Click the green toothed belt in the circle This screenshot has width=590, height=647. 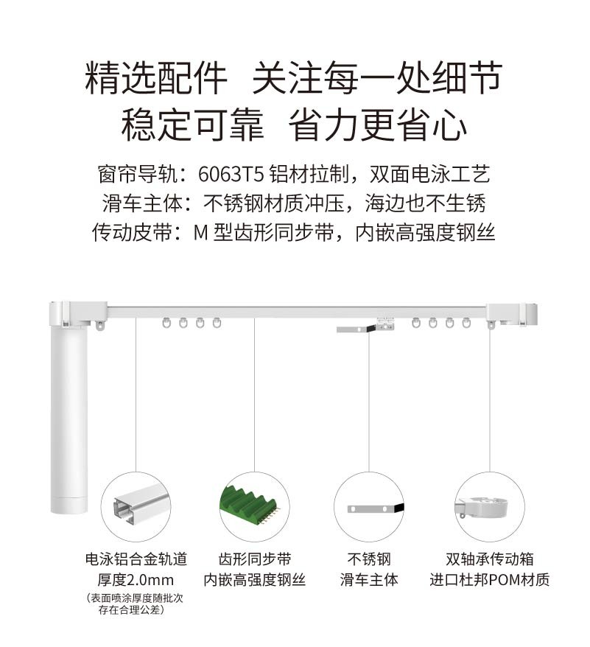pyautogui.click(x=250, y=505)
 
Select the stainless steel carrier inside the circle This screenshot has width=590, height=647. pyautogui.click(x=376, y=508)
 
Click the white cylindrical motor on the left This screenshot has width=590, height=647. pyautogui.click(x=69, y=417)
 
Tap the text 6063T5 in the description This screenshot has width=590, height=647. pyautogui.click(x=231, y=174)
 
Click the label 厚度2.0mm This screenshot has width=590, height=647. pyautogui.click(x=136, y=580)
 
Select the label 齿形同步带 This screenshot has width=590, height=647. pyautogui.click(x=255, y=559)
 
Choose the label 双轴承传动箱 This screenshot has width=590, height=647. pyautogui.click(x=489, y=559)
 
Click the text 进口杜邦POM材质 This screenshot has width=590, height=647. pyautogui.click(x=489, y=580)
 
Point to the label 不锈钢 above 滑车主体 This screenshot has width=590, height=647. pyautogui.click(x=369, y=559)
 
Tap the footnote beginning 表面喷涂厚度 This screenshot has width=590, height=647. pyautogui.click(x=135, y=604)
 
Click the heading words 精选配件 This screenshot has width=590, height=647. pyautogui.click(x=156, y=77)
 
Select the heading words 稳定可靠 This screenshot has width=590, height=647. pyautogui.click(x=192, y=125)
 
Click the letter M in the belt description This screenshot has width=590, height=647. pyautogui.click(x=200, y=233)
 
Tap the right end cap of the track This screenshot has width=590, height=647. pyautogui.click(x=512, y=315)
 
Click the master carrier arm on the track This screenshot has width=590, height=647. pyautogui.click(x=365, y=326)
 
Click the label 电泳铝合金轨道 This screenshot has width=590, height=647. pyautogui.click(x=136, y=559)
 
